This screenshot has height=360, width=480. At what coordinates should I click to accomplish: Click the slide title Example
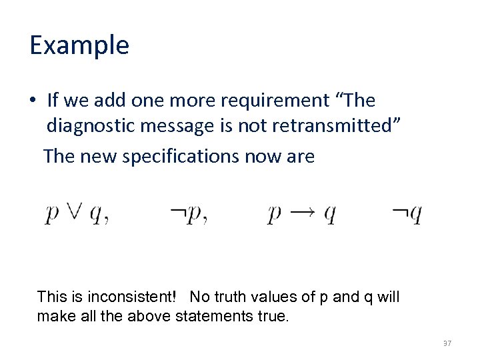click(x=79, y=46)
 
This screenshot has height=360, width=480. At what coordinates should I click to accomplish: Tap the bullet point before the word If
click(x=33, y=101)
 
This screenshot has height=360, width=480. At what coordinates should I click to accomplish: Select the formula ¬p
click(x=187, y=214)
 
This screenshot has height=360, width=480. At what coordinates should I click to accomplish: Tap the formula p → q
click(x=301, y=214)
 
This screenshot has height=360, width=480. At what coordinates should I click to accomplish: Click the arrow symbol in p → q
click(x=302, y=213)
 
